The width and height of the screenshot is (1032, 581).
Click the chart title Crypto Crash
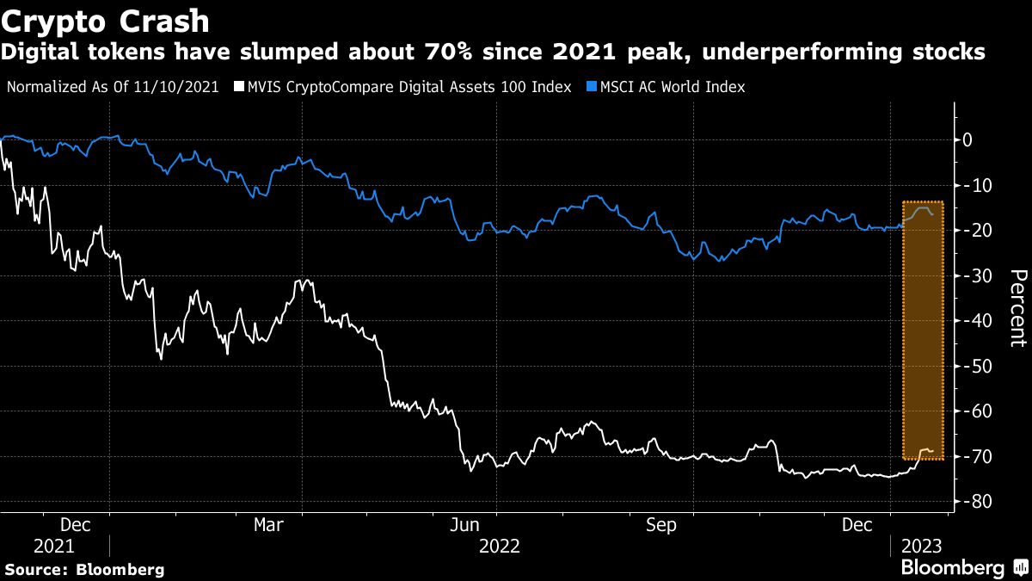point(107,18)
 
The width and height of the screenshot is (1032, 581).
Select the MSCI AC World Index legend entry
point(666,87)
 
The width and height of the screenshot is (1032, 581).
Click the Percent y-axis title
point(1017,307)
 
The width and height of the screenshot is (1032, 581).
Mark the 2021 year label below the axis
point(55,546)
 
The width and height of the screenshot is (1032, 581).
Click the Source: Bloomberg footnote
point(84,569)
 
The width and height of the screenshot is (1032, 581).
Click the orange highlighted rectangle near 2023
point(923,331)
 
